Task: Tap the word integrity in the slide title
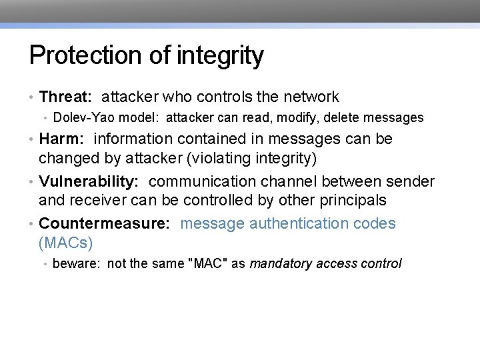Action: [221, 55]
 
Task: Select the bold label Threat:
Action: [65, 97]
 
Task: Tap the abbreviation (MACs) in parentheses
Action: [65, 242]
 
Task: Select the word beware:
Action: [76, 263]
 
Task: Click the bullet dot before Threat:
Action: [32, 97]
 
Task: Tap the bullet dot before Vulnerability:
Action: [32, 181]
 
